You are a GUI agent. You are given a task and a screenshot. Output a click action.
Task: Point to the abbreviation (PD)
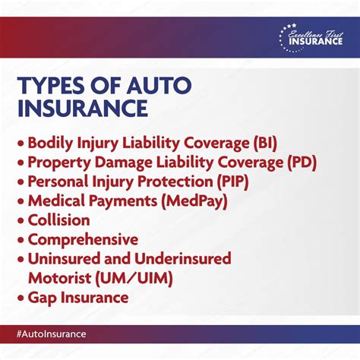300,162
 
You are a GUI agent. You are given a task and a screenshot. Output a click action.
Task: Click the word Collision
58,220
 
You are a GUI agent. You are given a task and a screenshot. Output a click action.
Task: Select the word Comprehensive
83,240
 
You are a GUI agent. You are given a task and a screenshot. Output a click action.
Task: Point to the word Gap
43,298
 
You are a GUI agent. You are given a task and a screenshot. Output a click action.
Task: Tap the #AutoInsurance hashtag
49,334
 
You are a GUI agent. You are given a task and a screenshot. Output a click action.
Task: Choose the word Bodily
51,142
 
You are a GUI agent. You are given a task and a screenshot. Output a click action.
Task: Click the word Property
58,162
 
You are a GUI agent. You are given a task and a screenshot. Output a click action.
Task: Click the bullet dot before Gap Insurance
20,298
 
